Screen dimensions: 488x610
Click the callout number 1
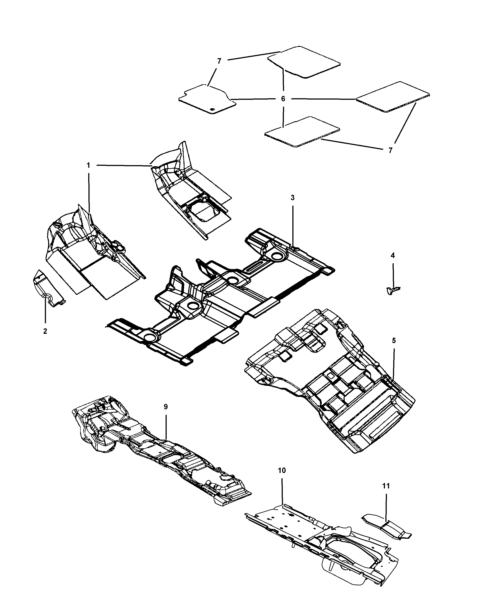(88, 165)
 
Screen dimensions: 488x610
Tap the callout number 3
(293, 198)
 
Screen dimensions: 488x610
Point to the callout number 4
(393, 256)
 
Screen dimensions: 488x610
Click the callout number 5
(394, 341)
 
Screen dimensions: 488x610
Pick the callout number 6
(283, 99)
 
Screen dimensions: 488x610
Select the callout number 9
(166, 407)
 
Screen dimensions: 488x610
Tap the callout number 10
(282, 471)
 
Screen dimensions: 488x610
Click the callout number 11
(386, 486)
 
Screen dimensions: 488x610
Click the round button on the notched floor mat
(213, 110)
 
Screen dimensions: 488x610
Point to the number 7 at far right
(390, 151)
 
